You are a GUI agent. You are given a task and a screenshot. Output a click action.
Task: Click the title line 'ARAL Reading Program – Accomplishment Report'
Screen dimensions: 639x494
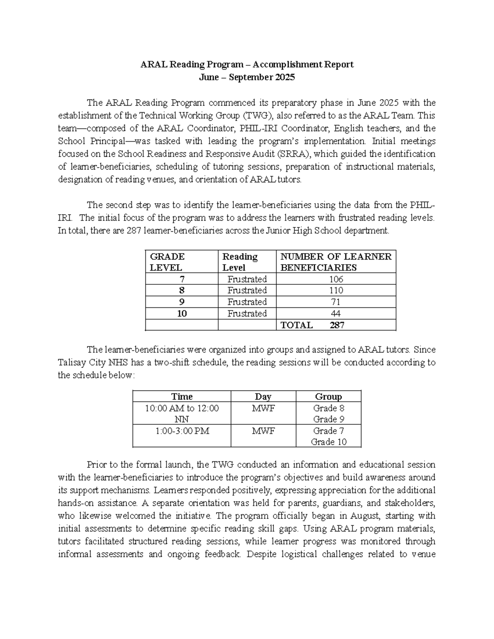pos(247,65)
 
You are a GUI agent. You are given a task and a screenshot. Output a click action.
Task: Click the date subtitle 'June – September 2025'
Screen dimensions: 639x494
pos(247,77)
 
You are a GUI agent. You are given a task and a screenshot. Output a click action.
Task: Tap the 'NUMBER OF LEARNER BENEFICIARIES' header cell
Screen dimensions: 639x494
pos(336,262)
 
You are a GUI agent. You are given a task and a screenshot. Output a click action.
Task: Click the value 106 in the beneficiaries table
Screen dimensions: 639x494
pos(336,279)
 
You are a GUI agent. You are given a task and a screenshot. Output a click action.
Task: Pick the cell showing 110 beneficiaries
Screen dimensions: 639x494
pos(336,290)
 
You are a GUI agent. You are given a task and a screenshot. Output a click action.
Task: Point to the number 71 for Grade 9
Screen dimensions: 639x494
pos(336,302)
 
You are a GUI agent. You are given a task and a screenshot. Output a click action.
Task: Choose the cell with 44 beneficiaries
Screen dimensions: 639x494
pos(336,314)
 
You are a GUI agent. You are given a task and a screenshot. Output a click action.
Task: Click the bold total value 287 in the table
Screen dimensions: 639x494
pos(337,325)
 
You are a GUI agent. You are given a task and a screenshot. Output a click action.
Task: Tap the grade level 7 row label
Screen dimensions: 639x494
pos(182,279)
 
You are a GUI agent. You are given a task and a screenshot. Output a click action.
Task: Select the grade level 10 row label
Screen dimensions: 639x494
pos(182,314)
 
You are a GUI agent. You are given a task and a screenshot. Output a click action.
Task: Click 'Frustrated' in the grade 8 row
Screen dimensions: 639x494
pos(247,290)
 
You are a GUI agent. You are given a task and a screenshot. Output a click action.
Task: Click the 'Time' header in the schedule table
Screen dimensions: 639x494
pos(182,397)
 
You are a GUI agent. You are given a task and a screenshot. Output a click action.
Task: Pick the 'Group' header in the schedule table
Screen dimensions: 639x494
pos(329,397)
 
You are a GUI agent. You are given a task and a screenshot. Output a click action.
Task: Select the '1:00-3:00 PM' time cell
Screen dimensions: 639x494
pos(182,431)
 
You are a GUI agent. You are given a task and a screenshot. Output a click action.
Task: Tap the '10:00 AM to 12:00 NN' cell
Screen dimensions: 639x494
pos(182,414)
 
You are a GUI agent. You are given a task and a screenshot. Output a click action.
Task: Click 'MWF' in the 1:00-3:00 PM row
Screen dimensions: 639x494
pos(263,431)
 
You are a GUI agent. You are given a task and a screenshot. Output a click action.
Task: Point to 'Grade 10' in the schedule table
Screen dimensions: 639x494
pos(329,442)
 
